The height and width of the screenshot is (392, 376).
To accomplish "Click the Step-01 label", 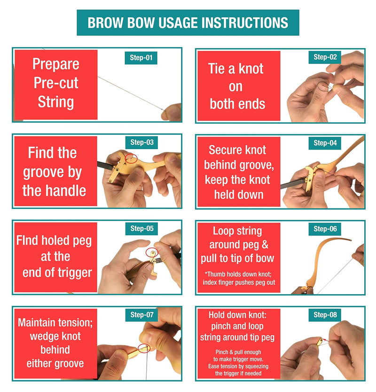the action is [141, 58].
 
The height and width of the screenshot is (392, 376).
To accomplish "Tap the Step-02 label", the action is [325, 57].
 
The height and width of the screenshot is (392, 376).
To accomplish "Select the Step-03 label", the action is [141, 143].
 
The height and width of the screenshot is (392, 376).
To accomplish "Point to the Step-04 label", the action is [325, 143].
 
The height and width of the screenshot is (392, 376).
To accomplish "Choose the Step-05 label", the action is [141, 229].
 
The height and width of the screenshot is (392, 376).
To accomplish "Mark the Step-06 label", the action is [325, 229].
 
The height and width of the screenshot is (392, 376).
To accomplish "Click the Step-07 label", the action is [141, 315].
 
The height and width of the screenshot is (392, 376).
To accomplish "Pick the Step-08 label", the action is [325, 315].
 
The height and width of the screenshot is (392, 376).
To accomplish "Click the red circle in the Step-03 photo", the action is [131, 155].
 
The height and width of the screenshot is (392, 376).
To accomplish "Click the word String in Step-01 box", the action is [56, 102].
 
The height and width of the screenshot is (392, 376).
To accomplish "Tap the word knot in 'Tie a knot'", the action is [251, 69].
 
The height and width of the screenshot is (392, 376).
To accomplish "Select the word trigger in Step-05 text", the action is [75, 273].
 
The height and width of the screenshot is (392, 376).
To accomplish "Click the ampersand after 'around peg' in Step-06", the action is [265, 245].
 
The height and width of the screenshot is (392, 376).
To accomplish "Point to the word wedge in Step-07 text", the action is [43, 336].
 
